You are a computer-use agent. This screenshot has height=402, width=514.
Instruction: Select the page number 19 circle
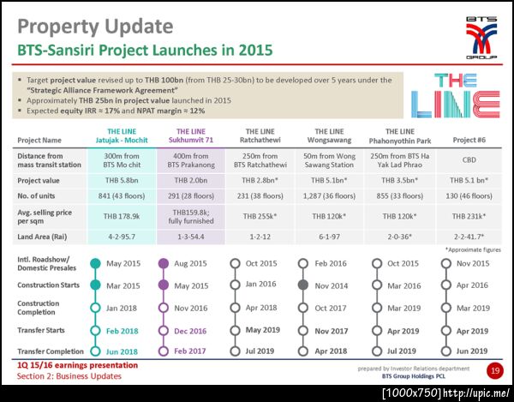point(494,370)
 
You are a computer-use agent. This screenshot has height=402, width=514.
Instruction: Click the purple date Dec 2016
point(193,329)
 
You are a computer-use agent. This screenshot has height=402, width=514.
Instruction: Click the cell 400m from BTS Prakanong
point(193,159)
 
